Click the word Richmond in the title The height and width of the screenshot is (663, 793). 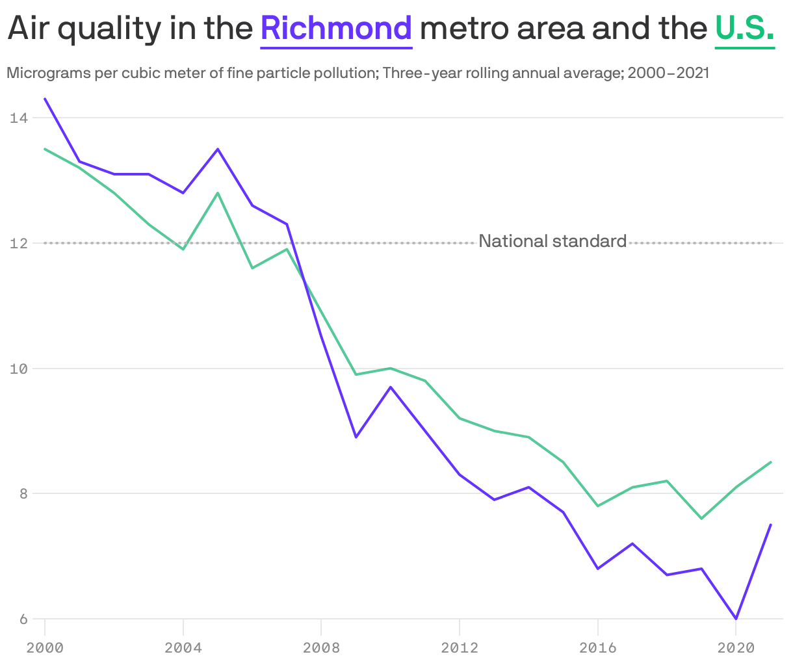(336, 29)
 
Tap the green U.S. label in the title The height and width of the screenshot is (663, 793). (744, 29)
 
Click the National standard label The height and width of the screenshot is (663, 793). (552, 241)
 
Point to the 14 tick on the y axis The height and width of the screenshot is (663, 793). (18, 118)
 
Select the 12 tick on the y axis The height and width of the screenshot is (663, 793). (18, 243)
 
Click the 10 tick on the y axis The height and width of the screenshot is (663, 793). (18, 369)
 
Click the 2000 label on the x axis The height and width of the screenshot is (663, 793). (45, 648)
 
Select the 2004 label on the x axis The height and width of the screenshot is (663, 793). (183, 648)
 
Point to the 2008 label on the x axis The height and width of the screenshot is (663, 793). (321, 648)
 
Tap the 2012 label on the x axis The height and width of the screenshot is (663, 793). (460, 648)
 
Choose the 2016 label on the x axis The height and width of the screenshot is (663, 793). (597, 648)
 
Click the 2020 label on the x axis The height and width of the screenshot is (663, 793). (736, 648)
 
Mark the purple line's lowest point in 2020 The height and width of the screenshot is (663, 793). (736, 619)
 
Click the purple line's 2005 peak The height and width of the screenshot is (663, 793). (218, 149)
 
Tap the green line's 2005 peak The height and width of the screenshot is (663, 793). (218, 193)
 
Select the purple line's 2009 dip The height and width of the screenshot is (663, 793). (356, 437)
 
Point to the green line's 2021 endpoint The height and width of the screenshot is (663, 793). (770, 462)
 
